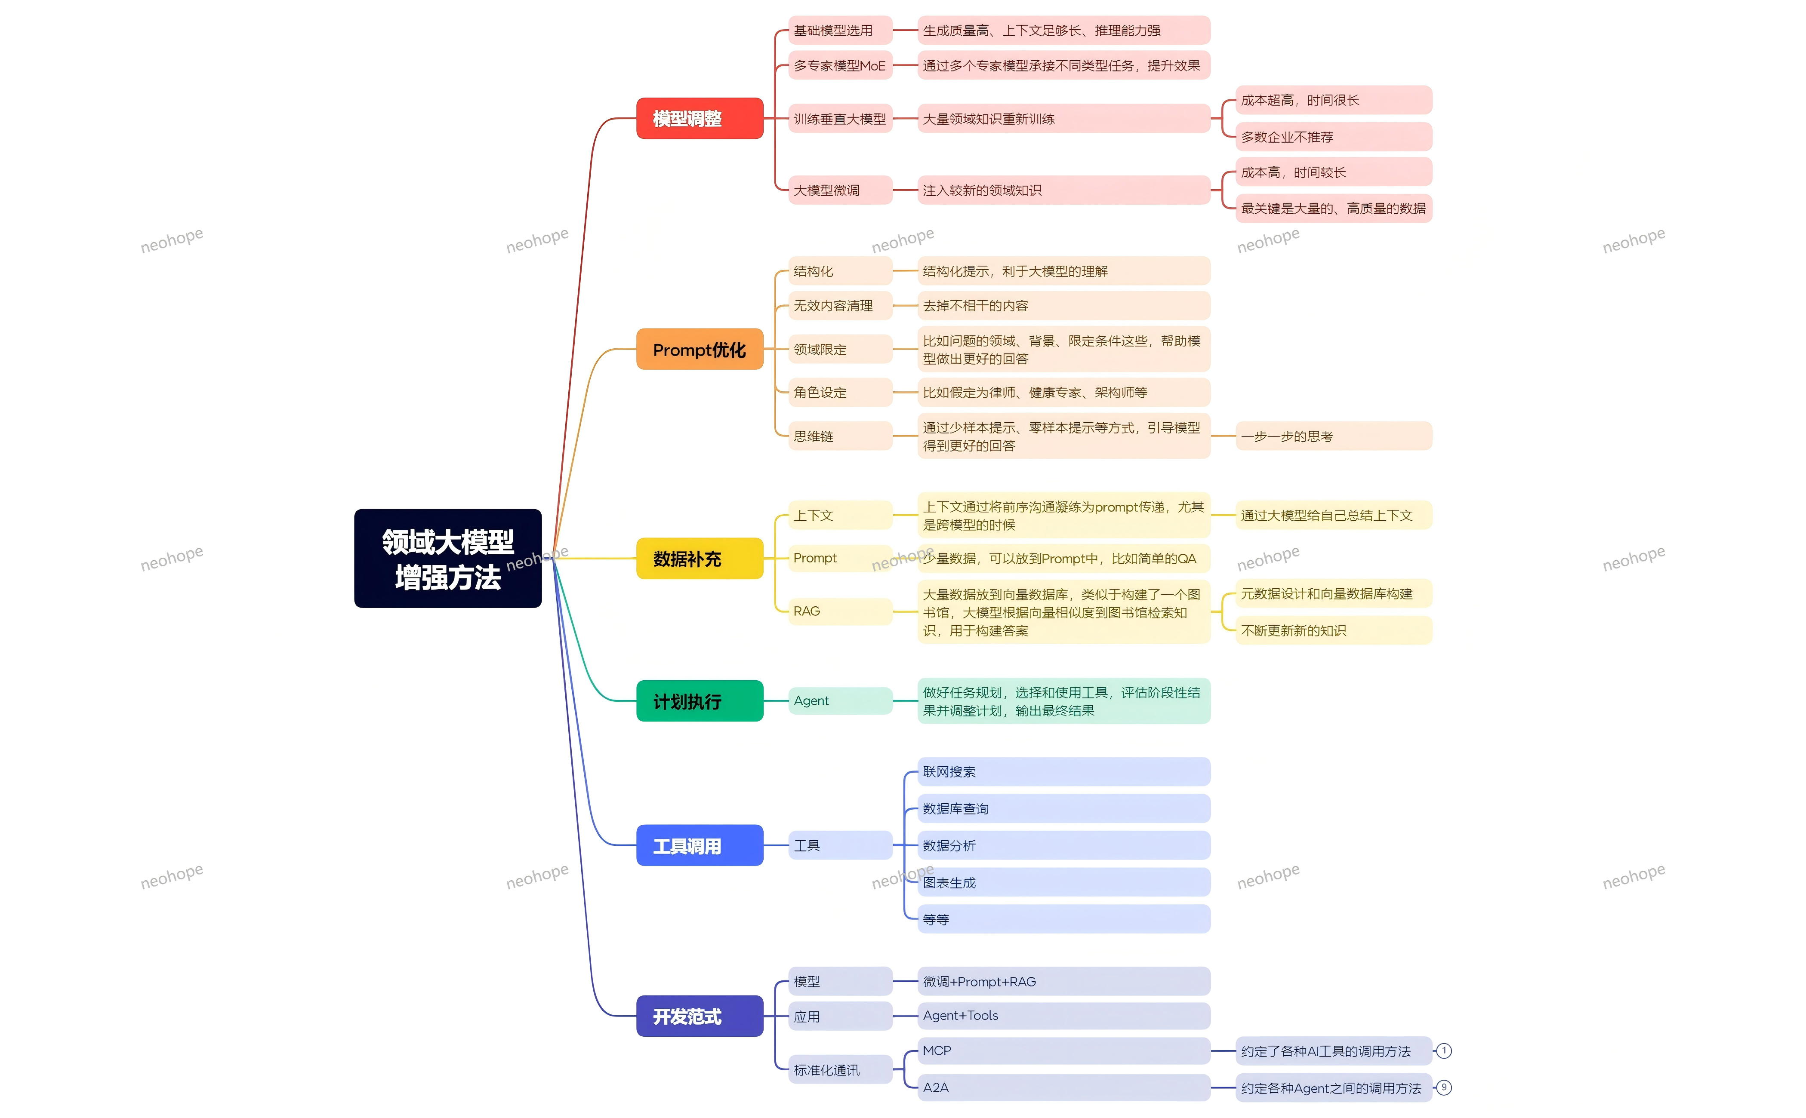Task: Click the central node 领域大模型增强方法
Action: click(x=447, y=558)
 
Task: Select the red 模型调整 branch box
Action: click(x=699, y=118)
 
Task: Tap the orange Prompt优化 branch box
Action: click(x=699, y=349)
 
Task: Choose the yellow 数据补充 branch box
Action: click(x=699, y=558)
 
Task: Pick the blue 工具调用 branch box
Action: click(x=699, y=845)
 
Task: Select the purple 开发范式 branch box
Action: click(x=699, y=1016)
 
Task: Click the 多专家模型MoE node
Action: click(x=839, y=66)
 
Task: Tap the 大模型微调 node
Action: click(x=839, y=190)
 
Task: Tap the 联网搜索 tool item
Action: click(x=1063, y=772)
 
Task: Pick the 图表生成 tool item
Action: click(x=1063, y=882)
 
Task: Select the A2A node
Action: click(x=1063, y=1087)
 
